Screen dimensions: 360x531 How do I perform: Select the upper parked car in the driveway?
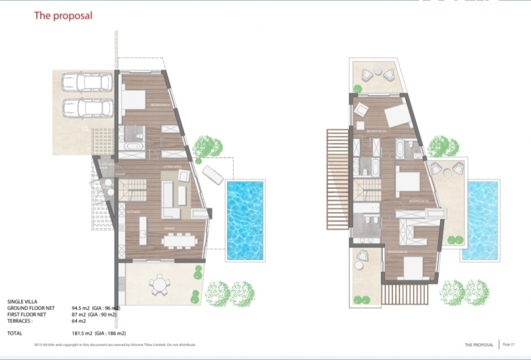pos(87,82)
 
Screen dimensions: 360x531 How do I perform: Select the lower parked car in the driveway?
pos(87,108)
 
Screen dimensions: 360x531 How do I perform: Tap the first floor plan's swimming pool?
pos(483,220)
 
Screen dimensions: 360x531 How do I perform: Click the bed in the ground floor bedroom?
pos(133,100)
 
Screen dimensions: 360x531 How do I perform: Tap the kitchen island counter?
pos(143,230)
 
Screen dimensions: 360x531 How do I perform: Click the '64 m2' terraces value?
pos(79,321)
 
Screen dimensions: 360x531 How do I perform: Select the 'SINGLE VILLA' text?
pos(23,302)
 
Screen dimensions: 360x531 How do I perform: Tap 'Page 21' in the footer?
pos(509,344)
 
